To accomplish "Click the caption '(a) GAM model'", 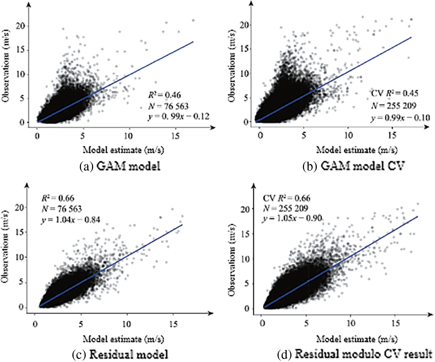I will click(120, 166).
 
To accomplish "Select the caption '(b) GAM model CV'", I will click(353, 166).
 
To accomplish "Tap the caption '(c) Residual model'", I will click(120, 354).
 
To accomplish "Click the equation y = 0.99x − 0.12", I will click(179, 117).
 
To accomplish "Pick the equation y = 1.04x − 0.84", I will click(71, 220).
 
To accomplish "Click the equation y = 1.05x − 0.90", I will click(292, 218).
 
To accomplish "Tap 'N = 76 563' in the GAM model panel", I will click(168, 106).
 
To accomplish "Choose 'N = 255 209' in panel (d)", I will click(286, 208).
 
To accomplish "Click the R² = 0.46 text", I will click(164, 95).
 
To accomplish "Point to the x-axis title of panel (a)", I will click(123, 150).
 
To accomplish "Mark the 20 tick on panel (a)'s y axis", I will click(21, 26).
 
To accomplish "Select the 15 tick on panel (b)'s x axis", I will click(392, 135).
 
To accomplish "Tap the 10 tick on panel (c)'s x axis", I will click(126, 324).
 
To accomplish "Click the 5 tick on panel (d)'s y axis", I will click(247, 283).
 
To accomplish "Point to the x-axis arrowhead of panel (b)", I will click(427, 127).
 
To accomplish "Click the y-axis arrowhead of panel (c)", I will click(27, 185).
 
